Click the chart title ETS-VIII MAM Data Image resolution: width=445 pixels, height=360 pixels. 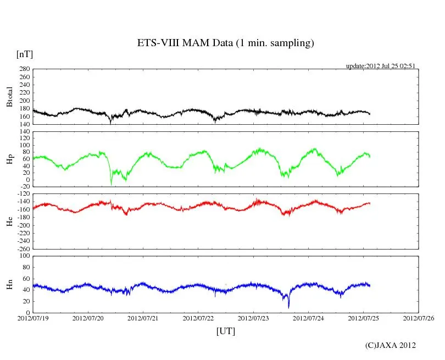click(x=225, y=43)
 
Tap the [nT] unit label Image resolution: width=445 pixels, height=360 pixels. click(x=25, y=54)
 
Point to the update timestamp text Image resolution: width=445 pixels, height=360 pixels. click(x=380, y=66)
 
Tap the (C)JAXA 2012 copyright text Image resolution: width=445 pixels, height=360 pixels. click(x=390, y=345)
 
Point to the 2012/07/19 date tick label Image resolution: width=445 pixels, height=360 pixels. click(x=33, y=318)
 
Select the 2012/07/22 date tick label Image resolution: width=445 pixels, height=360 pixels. click(x=198, y=318)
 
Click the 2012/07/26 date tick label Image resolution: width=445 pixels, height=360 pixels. click(x=419, y=318)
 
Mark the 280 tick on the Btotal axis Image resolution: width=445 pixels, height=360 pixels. click(x=24, y=69)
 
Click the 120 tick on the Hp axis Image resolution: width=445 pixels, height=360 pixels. click(x=24, y=132)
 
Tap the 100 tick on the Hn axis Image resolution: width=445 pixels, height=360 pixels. click(x=24, y=256)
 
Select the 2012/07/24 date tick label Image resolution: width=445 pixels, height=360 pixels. click(x=309, y=318)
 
